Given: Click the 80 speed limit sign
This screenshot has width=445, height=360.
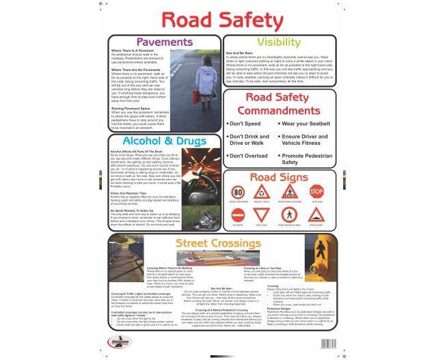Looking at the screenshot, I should (x=238, y=193).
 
